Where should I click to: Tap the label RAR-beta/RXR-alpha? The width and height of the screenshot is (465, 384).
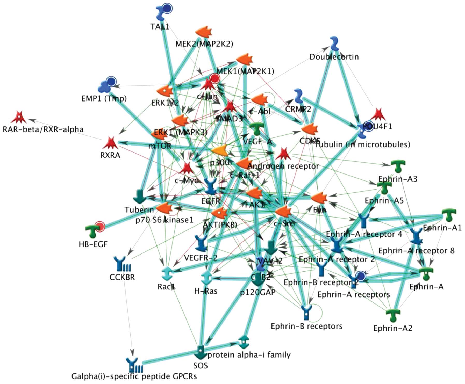[43, 129]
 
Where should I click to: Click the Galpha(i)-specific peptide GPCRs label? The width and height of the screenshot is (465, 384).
[134, 376]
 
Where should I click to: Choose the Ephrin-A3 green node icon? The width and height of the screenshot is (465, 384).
[398, 166]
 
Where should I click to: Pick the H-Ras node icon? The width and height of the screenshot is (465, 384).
[206, 278]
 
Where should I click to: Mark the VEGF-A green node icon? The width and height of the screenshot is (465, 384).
[257, 129]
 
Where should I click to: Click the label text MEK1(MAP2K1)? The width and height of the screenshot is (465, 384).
[245, 71]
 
